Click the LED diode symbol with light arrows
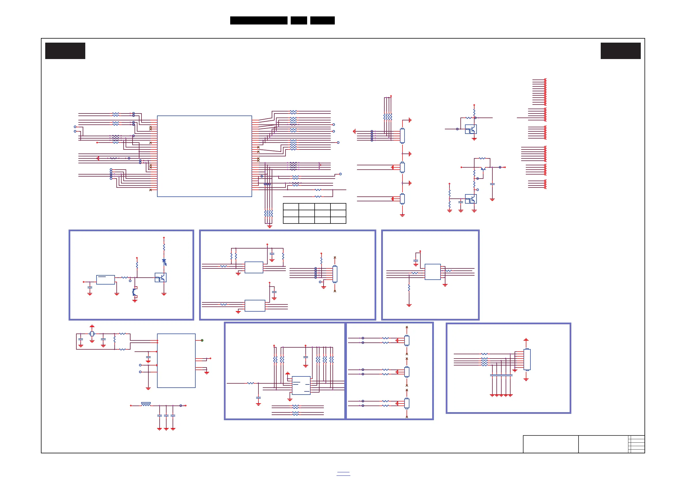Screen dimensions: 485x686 point(164,262)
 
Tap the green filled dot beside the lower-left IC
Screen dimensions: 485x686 point(202,340)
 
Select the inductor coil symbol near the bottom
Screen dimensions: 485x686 point(146,404)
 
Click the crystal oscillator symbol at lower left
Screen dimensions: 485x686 point(92,334)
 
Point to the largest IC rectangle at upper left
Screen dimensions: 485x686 point(204,156)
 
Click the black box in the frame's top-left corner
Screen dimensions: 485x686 point(65,51)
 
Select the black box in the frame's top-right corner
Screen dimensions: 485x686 point(621,51)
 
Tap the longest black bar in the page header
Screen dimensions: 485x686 point(259,20)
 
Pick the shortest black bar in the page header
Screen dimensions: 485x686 point(299,20)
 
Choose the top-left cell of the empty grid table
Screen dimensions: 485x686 point(291,207)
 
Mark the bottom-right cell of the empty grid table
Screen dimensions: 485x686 point(338,220)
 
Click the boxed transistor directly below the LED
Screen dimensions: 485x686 point(160,277)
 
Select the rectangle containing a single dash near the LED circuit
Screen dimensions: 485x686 point(105,280)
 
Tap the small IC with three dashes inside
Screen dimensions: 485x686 point(301,385)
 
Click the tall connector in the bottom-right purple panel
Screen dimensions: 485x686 point(527,359)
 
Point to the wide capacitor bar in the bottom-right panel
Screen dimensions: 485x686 point(501,375)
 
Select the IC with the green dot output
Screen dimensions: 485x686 point(176,361)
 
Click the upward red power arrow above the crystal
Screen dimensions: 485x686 point(92,326)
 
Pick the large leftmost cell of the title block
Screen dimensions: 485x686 point(551,444)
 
